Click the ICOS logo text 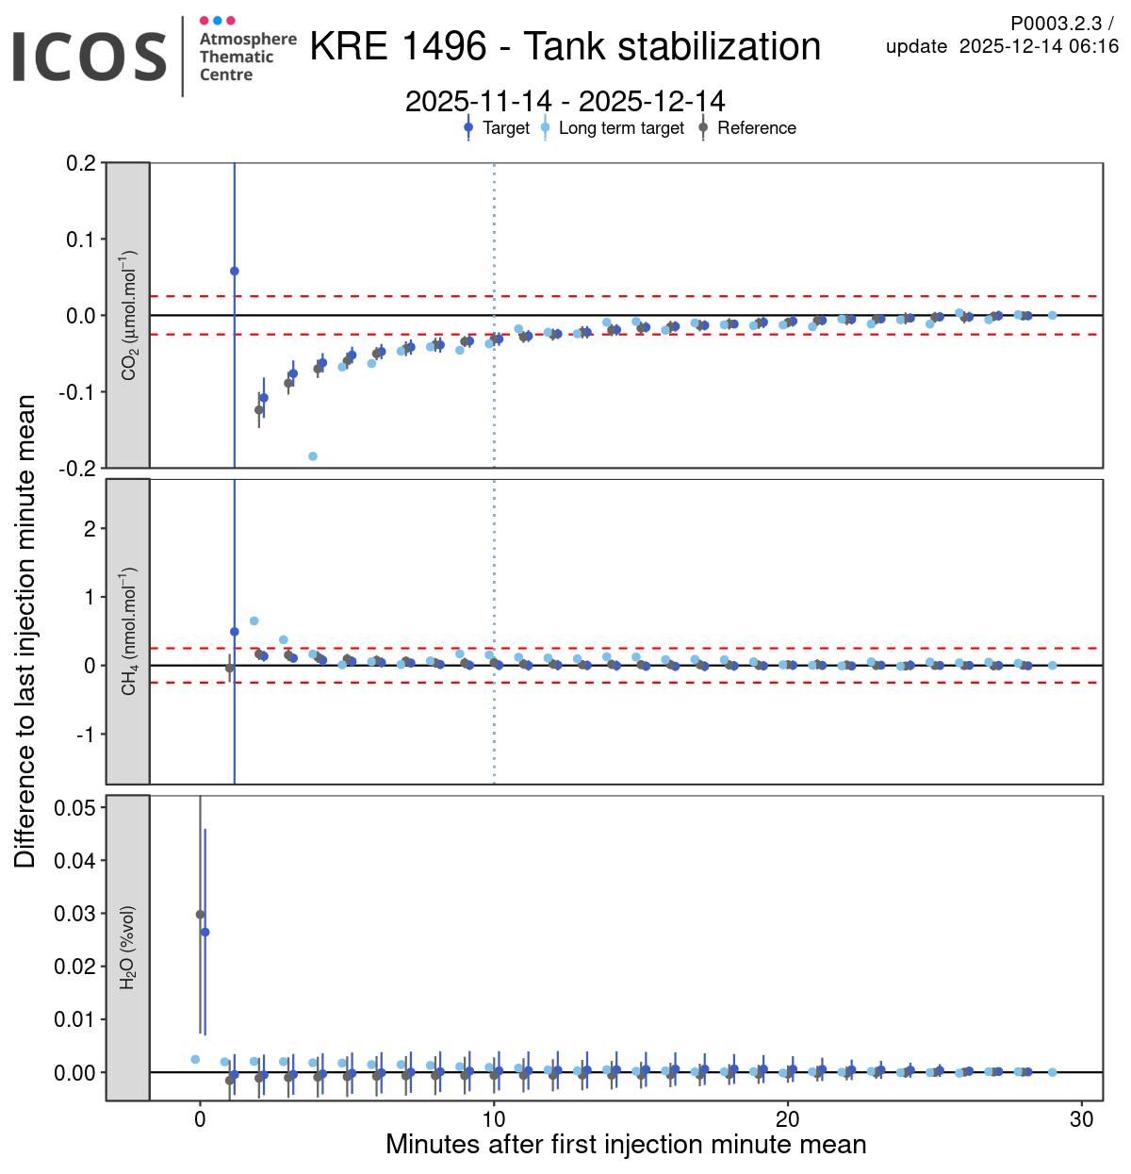click(x=90, y=57)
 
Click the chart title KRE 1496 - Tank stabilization click(x=565, y=46)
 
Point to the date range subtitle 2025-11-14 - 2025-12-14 click(x=565, y=101)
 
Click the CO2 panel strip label click(x=128, y=315)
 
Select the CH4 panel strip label click(x=128, y=631)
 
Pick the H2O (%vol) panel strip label click(x=128, y=948)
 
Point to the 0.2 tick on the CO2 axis click(x=81, y=163)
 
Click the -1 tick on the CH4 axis click(x=90, y=735)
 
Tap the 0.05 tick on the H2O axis click(x=74, y=807)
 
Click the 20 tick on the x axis click(x=787, y=1119)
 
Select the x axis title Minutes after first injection click(x=626, y=1145)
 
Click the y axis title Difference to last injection click(x=25, y=631)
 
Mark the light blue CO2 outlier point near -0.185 click(x=313, y=456)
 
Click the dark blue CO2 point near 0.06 click(x=235, y=271)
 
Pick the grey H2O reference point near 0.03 click(x=200, y=914)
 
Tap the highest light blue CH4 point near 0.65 click(x=254, y=620)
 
